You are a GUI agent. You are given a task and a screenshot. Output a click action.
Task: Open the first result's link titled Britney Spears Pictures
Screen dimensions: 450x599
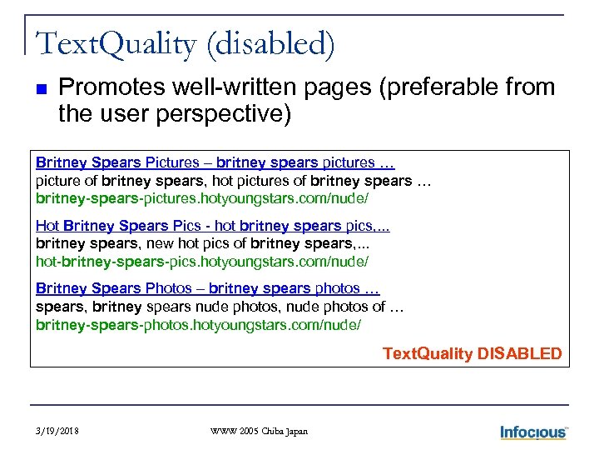[215, 162]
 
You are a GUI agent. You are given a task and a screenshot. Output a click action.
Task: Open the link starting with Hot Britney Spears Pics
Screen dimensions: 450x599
[213, 225]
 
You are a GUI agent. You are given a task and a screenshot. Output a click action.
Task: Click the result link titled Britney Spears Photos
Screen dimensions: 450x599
[207, 288]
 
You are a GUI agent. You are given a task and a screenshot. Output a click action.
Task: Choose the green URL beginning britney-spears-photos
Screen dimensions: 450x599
[198, 324]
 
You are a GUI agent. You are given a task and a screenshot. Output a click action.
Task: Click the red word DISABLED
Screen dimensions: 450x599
[520, 353]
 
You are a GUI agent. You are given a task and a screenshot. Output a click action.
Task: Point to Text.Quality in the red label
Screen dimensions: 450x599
[428, 353]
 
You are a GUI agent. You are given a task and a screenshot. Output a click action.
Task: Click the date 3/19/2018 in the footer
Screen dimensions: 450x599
[59, 431]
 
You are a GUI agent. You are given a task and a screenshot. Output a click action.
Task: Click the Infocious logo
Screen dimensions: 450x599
[533, 431]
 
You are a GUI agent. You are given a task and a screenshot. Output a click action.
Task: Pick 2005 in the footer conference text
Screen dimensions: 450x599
[246, 431]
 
